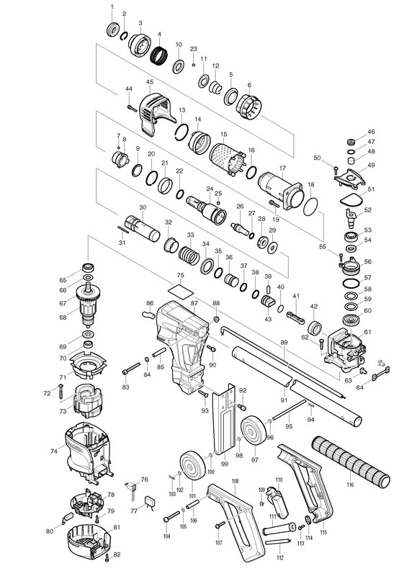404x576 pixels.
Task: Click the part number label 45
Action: pos(150,81)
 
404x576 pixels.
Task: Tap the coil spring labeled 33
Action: pos(189,255)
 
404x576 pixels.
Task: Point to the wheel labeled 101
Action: pos(192,466)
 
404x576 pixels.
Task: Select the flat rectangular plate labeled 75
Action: pos(180,290)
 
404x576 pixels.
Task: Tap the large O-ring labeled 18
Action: pos(310,207)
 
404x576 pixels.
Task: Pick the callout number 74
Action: pos(54,451)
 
